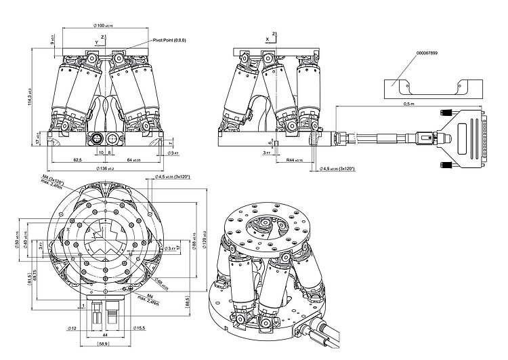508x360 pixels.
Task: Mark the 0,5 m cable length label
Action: click(408, 104)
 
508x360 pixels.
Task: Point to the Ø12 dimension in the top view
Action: click(72, 328)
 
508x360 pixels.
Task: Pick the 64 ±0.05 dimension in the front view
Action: click(133, 160)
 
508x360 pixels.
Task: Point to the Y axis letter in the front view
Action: click(96, 42)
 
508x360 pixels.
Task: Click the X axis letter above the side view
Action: click(268, 39)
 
